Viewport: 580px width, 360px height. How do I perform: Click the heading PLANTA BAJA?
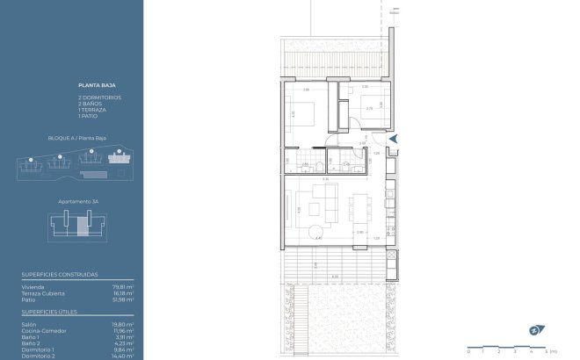(x=92, y=85)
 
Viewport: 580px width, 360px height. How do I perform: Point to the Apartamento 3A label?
(x=77, y=203)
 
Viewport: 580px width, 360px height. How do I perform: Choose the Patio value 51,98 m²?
(x=124, y=299)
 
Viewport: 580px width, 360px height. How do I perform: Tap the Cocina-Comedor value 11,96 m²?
(x=124, y=330)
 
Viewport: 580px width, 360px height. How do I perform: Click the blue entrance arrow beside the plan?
(x=393, y=138)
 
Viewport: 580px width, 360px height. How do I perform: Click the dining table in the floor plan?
(x=359, y=208)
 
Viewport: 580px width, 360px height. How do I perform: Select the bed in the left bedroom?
(x=305, y=113)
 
